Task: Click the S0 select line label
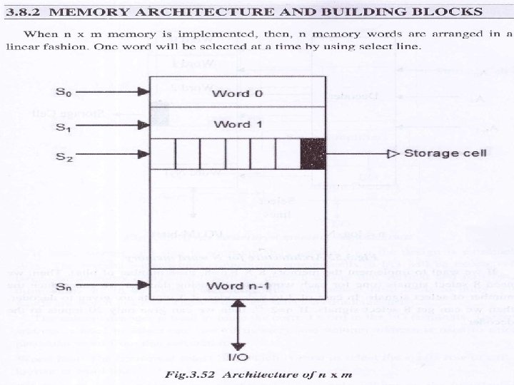click(64, 92)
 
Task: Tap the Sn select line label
click(64, 287)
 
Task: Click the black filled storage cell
click(313, 153)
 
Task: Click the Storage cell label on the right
click(445, 153)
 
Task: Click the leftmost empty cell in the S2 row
click(161, 153)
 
